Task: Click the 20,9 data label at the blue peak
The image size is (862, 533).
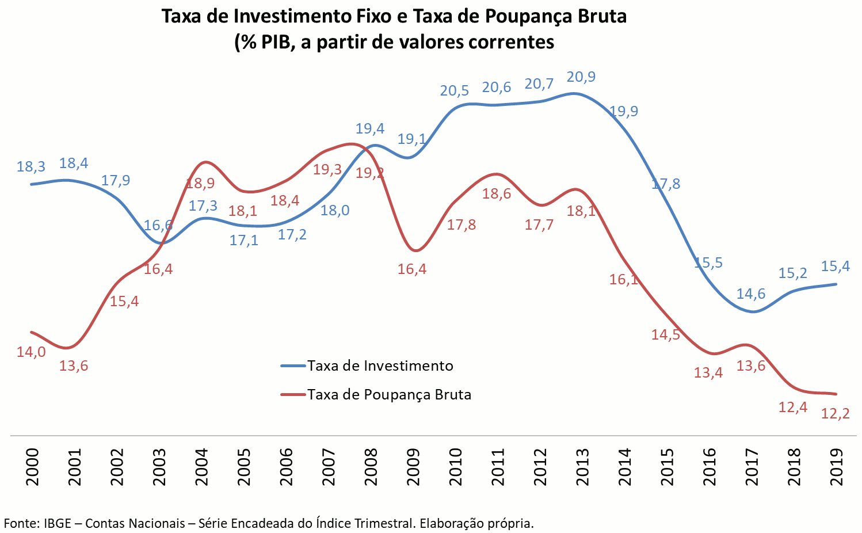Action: (x=581, y=77)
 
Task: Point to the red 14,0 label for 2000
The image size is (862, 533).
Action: (x=31, y=352)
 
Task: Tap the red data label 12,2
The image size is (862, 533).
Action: (x=836, y=414)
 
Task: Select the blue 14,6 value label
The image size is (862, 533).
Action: (x=751, y=294)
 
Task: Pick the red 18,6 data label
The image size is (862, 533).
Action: (x=497, y=194)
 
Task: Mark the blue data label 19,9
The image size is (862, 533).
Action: (x=624, y=111)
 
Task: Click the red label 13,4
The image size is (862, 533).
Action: (x=708, y=373)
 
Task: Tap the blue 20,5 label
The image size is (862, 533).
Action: (x=455, y=91)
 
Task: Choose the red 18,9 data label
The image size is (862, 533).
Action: (x=200, y=184)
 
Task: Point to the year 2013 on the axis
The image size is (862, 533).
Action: (x=582, y=467)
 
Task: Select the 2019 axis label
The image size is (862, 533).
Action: (x=836, y=467)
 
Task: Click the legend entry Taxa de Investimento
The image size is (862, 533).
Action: (x=380, y=366)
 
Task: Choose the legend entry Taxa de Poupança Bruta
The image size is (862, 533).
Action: (x=389, y=395)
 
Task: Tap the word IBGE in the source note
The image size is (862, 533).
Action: (x=58, y=523)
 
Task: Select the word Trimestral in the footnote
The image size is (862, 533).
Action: (x=385, y=523)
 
